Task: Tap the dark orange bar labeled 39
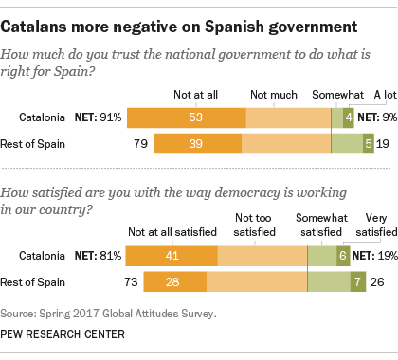(x=197, y=143)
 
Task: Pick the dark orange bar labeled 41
(x=171, y=256)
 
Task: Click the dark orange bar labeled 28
(x=174, y=281)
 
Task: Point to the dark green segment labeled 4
(x=349, y=117)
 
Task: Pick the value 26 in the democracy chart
(x=375, y=281)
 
